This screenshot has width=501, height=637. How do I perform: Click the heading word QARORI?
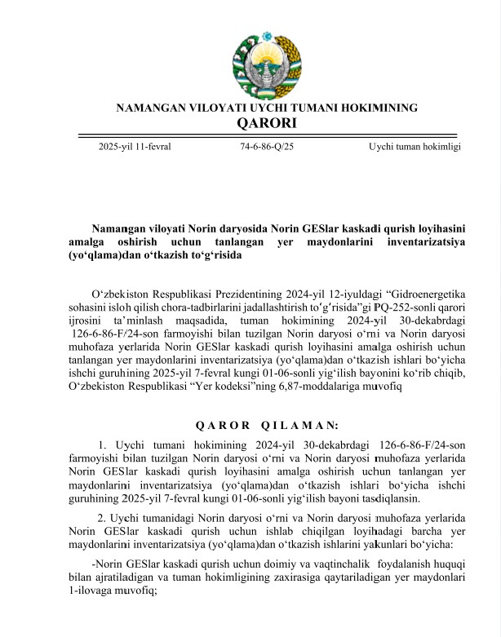point(267,123)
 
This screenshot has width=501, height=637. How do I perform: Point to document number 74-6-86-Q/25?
point(267,147)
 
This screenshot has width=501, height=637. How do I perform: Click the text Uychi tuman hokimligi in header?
point(415,147)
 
